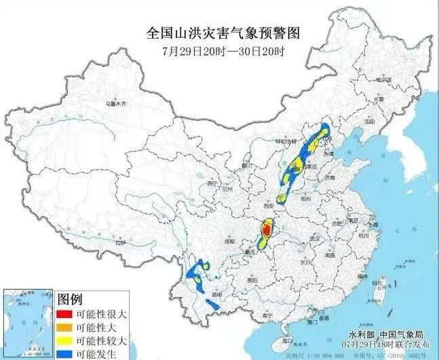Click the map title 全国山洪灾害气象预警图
[223, 33]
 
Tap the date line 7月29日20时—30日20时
[223, 52]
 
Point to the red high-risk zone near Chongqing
[267, 231]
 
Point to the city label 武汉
[314, 239]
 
